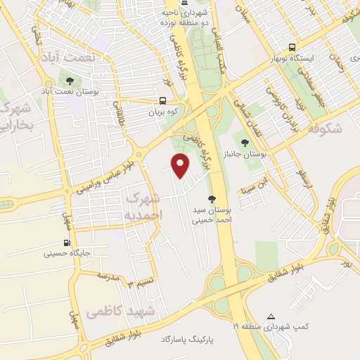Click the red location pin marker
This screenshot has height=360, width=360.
tap(181, 165)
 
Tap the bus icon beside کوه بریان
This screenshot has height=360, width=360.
tap(163, 101)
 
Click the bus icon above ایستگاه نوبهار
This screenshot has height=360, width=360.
tap(292, 47)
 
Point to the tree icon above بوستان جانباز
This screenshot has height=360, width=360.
tap(244, 143)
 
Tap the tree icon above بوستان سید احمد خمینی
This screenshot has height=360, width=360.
tap(212, 199)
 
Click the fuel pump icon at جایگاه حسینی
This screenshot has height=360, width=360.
tap(56, 246)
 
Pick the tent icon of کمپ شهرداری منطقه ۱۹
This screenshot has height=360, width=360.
tap(271, 316)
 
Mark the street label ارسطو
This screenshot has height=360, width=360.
tap(303, 176)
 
